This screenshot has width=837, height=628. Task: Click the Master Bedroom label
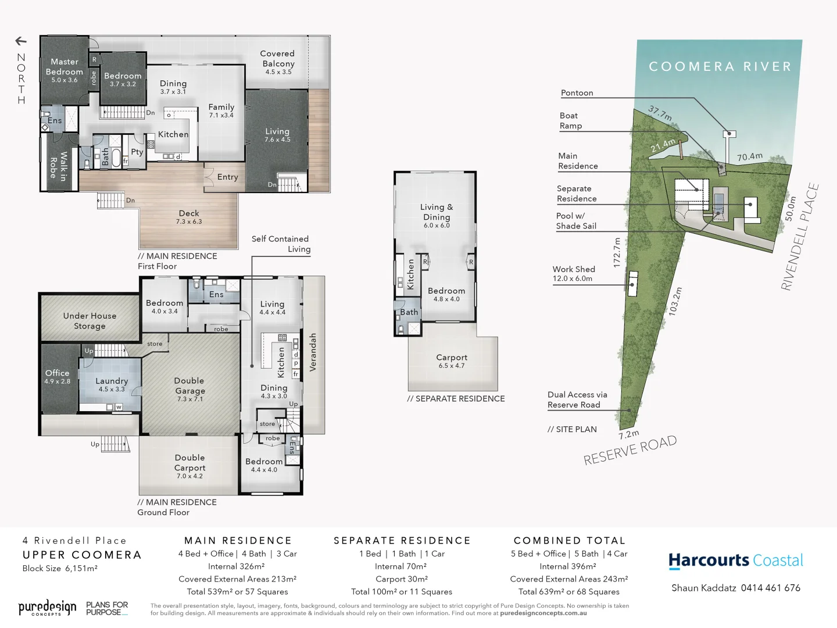(64, 67)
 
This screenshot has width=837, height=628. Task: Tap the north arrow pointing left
(21, 41)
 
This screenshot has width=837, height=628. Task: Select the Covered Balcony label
(278, 59)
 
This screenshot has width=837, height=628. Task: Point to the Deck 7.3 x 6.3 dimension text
(189, 222)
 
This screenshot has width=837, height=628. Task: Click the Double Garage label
(189, 386)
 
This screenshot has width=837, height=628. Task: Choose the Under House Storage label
(90, 321)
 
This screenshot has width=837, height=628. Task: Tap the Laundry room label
(112, 381)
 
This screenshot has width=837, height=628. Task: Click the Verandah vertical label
(313, 352)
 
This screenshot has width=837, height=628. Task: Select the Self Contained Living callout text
(281, 244)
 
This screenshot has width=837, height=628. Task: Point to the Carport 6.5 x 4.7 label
(452, 361)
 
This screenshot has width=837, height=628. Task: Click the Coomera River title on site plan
(720, 67)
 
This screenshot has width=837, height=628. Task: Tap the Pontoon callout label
(577, 93)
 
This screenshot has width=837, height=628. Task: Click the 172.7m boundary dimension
(617, 252)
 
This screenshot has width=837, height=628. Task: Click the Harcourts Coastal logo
(736, 561)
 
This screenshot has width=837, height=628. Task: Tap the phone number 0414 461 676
(770, 588)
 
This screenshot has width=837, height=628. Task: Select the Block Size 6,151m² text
(60, 568)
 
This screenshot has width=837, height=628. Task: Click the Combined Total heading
(569, 541)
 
